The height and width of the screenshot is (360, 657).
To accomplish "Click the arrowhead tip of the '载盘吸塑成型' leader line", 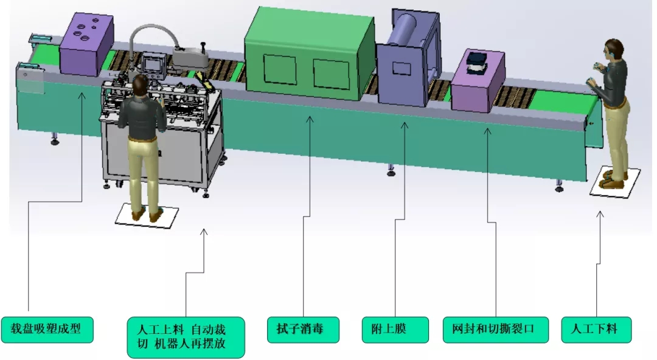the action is (82, 93).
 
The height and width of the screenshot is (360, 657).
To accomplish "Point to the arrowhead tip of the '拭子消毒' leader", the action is (310, 117).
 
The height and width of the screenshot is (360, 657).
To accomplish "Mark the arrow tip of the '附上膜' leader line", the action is (405, 122).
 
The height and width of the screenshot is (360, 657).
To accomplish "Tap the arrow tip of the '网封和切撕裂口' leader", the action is (487, 128).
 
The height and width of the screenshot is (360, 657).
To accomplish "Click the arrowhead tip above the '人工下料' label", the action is (600, 211).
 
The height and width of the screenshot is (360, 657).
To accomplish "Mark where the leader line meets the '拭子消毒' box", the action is (304, 317).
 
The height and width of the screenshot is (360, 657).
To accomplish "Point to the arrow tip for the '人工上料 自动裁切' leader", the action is (204, 229).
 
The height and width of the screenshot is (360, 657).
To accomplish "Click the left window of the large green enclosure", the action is (279, 69).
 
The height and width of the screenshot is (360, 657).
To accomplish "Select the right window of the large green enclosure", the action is (331, 74).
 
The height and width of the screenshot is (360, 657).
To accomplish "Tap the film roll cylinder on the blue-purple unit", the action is (405, 29).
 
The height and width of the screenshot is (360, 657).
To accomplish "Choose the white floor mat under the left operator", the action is (147, 215).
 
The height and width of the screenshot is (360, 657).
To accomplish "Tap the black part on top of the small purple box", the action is (477, 61).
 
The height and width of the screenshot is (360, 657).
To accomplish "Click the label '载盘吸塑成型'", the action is (47, 330).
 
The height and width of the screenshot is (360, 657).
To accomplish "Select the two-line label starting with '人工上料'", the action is (186, 337).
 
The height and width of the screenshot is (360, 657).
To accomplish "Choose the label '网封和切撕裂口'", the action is (495, 330).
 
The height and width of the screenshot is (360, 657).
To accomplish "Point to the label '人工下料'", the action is (596, 330).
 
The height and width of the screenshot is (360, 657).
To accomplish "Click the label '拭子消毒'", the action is (303, 330).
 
